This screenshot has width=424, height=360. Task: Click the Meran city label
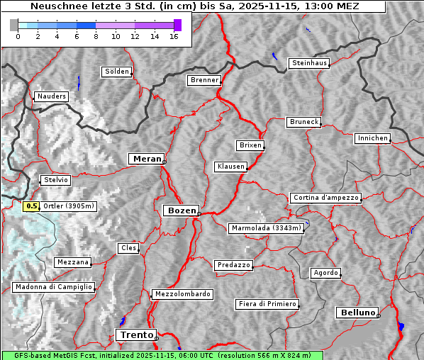tap(146, 159)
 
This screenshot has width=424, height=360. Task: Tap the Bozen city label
tap(181, 210)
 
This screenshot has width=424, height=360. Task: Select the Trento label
tap(135, 334)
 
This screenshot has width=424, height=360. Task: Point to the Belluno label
tap(357, 312)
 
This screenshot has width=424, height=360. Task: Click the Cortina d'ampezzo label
tap(325, 198)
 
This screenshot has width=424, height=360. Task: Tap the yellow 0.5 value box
tap(31, 206)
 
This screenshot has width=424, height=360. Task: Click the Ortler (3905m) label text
tap(69, 206)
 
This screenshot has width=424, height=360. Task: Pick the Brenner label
tap(204, 80)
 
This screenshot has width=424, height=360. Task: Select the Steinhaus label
tap(309, 63)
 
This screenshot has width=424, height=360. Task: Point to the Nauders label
tap(51, 96)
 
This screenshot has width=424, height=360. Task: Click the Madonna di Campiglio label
tap(53, 287)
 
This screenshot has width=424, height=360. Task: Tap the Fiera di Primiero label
tap(267, 304)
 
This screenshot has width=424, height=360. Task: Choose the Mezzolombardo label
tap(182, 293)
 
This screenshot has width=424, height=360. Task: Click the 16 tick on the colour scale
tap(174, 36)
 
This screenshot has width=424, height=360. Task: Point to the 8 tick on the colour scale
tap(95, 36)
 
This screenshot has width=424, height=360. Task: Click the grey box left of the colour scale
tap(13, 25)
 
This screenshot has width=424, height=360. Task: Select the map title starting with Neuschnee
tap(194, 6)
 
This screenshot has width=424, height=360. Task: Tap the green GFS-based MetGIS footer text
tap(162, 355)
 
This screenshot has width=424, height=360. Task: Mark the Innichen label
tap(372, 138)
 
